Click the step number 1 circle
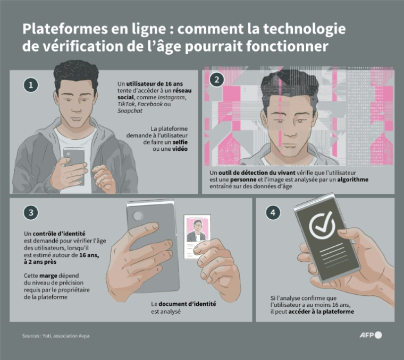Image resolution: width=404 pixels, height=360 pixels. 31,84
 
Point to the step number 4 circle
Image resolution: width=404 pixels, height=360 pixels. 273,212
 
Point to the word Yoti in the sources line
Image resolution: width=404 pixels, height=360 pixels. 55,336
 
